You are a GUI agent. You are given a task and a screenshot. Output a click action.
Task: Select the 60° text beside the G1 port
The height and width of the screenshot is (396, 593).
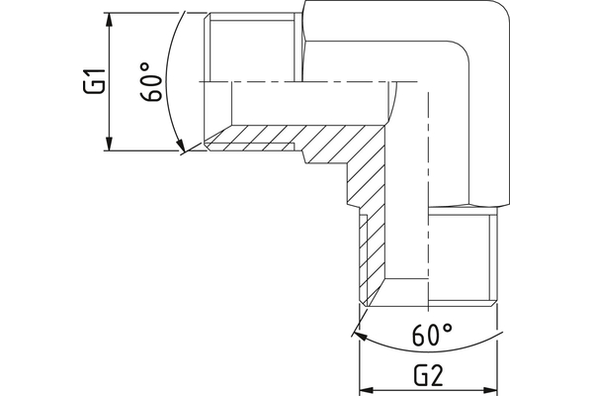[x=149, y=84]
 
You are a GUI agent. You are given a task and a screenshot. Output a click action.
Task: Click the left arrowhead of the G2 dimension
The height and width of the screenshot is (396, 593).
[x=365, y=389]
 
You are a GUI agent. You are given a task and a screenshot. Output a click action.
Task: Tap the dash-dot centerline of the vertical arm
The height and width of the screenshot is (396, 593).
[x=427, y=198]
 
